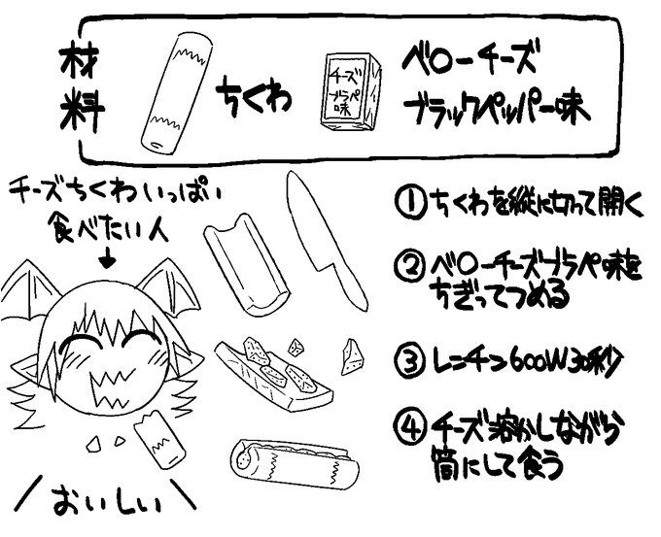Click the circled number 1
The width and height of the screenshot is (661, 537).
[408, 205]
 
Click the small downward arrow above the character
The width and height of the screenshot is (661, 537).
[106, 257]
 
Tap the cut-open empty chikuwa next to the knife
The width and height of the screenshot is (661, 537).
[247, 265]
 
